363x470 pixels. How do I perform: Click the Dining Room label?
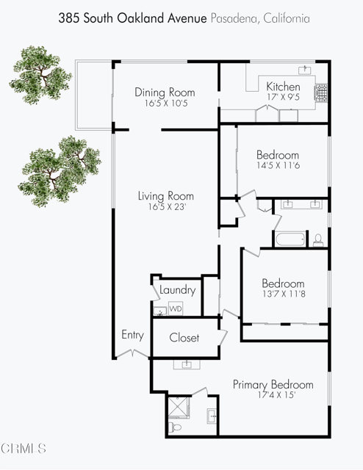[165, 93]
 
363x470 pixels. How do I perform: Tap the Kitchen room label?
[283, 87]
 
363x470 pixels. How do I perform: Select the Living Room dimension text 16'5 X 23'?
[165, 208]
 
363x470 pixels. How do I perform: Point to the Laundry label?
[178, 290]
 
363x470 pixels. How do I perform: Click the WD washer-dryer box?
[176, 309]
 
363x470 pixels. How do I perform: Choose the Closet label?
[184, 338]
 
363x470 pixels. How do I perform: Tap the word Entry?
[132, 336]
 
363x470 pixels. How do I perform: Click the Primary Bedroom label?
[273, 385]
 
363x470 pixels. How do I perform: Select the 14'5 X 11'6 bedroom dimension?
[277, 167]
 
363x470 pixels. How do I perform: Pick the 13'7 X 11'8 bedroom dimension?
[283, 295]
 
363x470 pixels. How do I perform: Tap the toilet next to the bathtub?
[318, 239]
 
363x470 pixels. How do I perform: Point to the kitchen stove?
[321, 93]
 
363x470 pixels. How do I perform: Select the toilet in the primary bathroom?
[175, 427]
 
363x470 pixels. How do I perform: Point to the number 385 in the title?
[68, 17]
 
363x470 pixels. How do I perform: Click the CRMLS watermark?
[24, 447]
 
